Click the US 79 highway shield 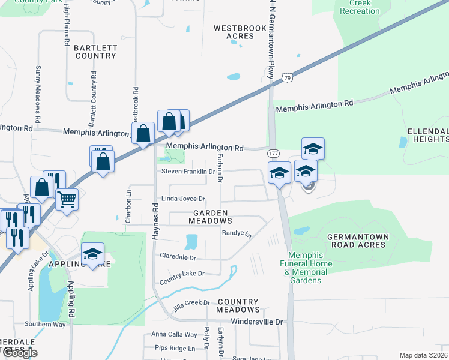click(x=288, y=77)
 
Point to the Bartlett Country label click(x=95, y=51)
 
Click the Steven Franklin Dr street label click(x=188, y=172)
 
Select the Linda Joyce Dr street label click(x=183, y=199)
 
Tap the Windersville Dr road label click(x=256, y=322)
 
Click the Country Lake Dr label click(x=182, y=274)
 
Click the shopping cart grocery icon click(x=67, y=199)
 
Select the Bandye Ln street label click(x=236, y=233)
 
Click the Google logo click(x=20, y=353)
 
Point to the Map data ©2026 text click(x=423, y=355)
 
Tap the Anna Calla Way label click(x=174, y=334)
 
